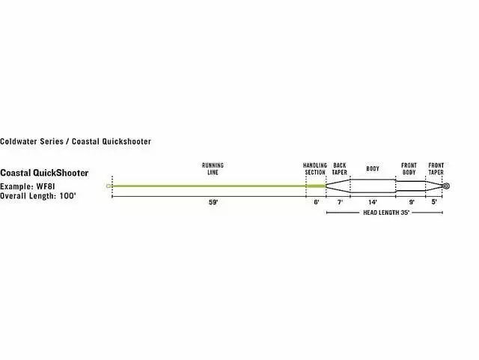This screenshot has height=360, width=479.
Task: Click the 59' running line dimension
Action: [x=213, y=202]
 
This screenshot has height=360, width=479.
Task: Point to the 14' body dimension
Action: [x=373, y=202]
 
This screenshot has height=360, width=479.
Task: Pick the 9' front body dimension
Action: [x=409, y=202]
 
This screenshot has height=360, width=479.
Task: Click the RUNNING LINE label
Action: [x=213, y=168]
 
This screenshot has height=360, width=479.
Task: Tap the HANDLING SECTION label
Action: [x=315, y=168]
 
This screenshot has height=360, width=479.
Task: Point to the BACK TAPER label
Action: [x=339, y=168]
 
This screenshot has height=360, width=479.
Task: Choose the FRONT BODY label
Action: [x=409, y=168]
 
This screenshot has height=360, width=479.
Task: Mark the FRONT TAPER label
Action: [x=436, y=168]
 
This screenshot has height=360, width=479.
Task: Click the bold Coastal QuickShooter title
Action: [x=49, y=173]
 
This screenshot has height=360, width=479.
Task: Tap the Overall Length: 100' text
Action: [x=38, y=195]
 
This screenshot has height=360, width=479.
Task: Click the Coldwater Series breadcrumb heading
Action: [x=76, y=141]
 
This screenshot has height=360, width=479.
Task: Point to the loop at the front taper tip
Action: [x=445, y=186]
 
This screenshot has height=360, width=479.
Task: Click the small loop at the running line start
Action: [x=109, y=186]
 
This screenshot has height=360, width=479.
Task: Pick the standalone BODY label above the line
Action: [x=373, y=168]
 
